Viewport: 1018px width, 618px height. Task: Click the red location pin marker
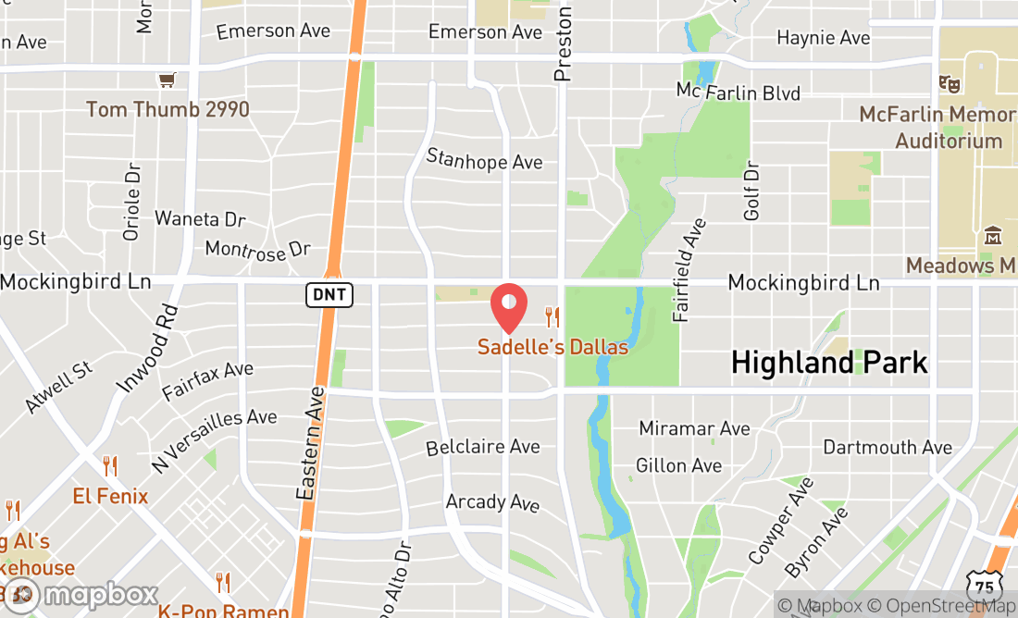tap(509, 308)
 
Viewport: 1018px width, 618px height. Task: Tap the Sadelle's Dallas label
tap(552, 348)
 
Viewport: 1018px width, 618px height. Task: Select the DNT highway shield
tap(329, 295)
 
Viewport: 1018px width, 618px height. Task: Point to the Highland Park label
tap(829, 363)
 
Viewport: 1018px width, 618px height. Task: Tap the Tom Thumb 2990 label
tap(168, 110)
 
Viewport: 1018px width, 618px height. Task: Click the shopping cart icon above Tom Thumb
tap(167, 81)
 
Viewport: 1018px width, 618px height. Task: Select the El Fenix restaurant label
tap(110, 497)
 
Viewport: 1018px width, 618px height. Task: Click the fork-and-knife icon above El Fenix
tap(110, 466)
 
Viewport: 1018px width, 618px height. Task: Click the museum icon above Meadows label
tap(993, 236)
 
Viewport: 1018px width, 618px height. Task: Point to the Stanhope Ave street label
tap(484, 160)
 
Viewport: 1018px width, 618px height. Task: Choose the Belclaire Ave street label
tap(482, 447)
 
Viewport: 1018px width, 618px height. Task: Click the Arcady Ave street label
tap(492, 502)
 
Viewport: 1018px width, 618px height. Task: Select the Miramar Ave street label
tap(694, 428)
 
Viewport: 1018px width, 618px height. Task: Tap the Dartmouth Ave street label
tap(888, 447)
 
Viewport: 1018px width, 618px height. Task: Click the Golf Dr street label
tap(751, 191)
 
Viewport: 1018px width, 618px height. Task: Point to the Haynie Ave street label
tap(824, 38)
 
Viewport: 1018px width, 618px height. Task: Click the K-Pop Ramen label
tap(223, 611)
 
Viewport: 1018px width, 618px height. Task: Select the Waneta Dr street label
tap(200, 219)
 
